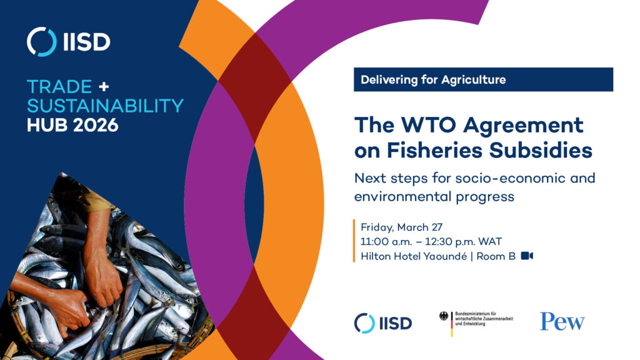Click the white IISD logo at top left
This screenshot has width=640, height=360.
[69, 42]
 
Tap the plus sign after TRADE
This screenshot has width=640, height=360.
[104, 86]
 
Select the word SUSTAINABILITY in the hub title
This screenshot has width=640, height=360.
[105, 105]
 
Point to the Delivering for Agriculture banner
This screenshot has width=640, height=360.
[483, 80]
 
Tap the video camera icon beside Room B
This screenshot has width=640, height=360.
[526, 256]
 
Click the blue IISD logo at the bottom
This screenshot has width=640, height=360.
[382, 322]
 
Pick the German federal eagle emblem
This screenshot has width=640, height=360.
[444, 316]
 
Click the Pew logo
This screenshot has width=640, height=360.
[562, 322]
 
